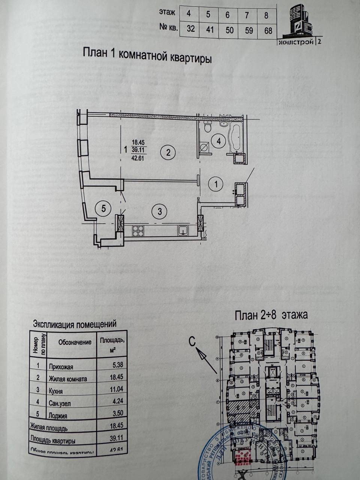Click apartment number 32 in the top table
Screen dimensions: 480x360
[x=190, y=29]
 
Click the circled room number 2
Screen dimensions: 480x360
[x=168, y=152]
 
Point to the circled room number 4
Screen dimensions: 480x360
[x=218, y=141]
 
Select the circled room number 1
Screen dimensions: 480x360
[x=216, y=184]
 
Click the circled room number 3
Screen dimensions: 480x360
[x=159, y=211]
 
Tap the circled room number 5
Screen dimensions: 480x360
[x=103, y=208]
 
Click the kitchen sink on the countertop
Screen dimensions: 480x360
[x=183, y=230]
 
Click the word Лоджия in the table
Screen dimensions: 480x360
[x=58, y=415]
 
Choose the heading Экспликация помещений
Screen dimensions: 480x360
[x=75, y=324]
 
